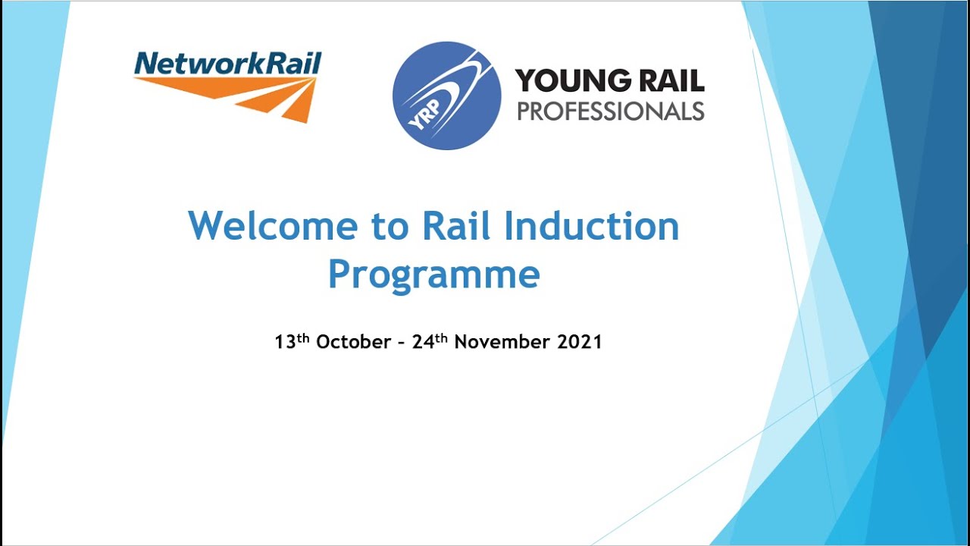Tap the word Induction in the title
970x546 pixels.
coord(590,226)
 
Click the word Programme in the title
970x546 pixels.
coord(433,275)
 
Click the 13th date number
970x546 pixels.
coord(285,342)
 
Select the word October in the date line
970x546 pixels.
coord(353,342)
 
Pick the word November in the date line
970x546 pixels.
coord(502,342)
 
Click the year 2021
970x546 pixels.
coord(580,342)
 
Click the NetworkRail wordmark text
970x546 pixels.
coord(227,64)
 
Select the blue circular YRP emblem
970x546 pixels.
coord(446,96)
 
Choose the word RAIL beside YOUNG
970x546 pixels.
coord(671,80)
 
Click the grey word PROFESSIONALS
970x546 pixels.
coord(610,111)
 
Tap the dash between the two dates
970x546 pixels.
coord(402,343)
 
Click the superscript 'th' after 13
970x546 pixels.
coord(303,337)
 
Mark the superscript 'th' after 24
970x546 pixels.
coord(442,337)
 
